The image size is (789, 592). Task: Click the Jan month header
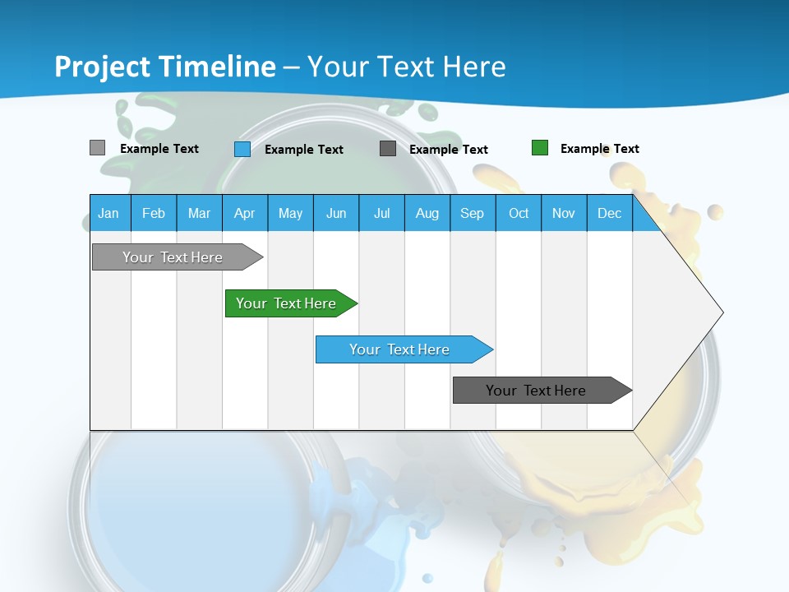click(109, 213)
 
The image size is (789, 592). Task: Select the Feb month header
click(154, 213)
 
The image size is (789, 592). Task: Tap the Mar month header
click(199, 213)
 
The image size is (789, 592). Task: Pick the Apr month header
click(245, 213)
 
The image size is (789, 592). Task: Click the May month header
click(290, 213)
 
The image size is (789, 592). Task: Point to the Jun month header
click(336, 213)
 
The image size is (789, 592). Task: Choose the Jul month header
click(381, 213)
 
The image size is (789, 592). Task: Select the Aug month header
click(427, 213)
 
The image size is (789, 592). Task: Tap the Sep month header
click(473, 213)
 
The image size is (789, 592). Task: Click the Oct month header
click(519, 213)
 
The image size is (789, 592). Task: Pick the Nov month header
click(564, 213)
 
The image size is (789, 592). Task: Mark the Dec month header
click(610, 213)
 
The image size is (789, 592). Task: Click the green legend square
click(540, 148)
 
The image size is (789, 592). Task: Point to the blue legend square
click(242, 149)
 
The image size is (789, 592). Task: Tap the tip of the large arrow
click(721, 312)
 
